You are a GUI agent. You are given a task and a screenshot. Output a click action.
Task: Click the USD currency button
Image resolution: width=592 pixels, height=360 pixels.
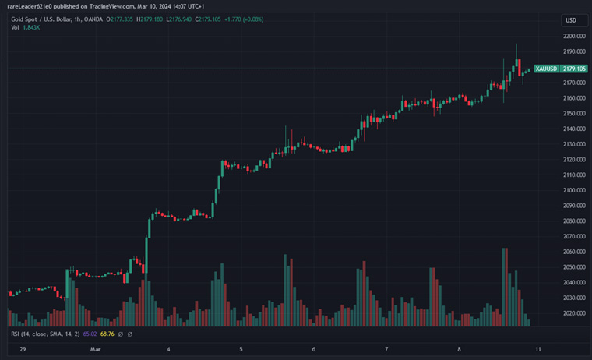pos(571,20)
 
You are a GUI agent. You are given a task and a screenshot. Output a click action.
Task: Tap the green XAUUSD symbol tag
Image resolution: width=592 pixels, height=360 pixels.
pos(548,69)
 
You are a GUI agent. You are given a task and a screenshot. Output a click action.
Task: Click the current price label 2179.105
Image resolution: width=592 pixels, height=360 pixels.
pos(574,69)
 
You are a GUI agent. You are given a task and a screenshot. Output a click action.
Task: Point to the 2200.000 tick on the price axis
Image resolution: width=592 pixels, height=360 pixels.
pos(574,37)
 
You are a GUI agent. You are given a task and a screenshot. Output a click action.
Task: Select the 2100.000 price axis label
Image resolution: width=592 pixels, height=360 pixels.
pos(574,190)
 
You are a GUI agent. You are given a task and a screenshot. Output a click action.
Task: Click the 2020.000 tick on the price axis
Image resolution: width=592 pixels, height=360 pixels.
pos(574,313)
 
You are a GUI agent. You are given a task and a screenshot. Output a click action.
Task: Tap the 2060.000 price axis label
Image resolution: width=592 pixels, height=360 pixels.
pos(574,252)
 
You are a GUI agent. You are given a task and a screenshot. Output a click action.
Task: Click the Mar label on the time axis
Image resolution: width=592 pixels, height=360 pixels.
pos(95,350)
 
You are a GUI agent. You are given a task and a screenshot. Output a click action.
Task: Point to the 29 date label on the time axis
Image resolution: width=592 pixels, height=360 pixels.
pos(23,350)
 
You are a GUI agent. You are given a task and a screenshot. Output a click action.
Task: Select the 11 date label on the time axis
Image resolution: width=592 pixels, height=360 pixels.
pos(538,350)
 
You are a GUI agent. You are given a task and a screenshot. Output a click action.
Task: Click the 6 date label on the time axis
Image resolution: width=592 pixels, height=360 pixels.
pos(313,350)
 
